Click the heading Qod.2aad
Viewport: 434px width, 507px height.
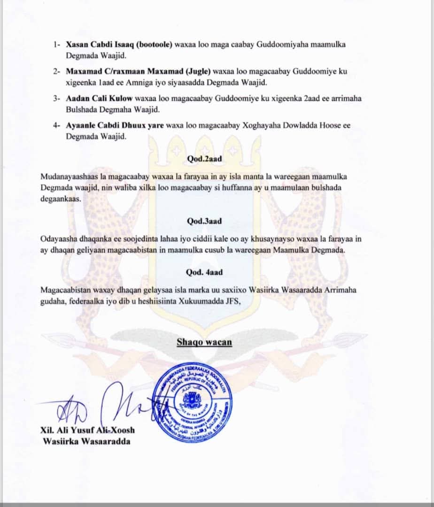pyautogui.click(x=205, y=159)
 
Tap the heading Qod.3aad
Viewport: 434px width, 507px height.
pyautogui.click(x=205, y=221)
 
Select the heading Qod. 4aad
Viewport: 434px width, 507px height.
pyautogui.click(x=204, y=272)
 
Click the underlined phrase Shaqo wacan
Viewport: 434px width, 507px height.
pyautogui.click(x=204, y=342)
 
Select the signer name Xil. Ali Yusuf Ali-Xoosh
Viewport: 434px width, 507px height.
pyautogui.click(x=88, y=430)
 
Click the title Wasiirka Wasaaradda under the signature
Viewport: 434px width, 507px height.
pyautogui.click(x=86, y=441)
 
